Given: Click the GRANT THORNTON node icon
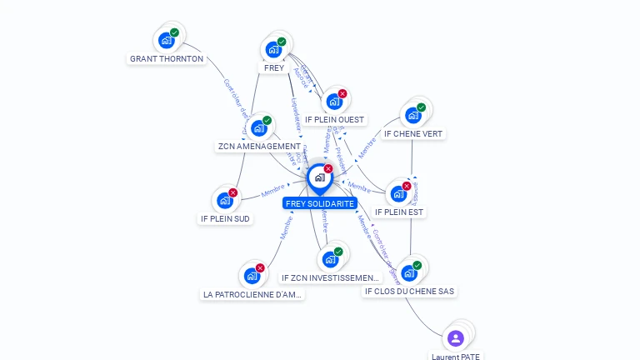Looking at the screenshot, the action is click(167, 39).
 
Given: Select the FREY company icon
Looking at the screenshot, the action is click(273, 49).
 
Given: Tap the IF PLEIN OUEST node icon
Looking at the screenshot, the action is click(334, 101).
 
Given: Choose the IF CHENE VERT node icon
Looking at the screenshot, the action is click(413, 115).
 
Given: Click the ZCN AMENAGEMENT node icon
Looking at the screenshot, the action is click(259, 127).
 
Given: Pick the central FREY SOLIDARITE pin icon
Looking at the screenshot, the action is click(320, 177).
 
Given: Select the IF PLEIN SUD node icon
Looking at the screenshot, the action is click(225, 200).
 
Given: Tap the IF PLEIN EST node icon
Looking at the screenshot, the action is click(399, 193).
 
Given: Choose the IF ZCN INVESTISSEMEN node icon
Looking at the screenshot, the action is click(330, 259).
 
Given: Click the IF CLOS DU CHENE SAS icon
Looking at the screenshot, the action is click(409, 272).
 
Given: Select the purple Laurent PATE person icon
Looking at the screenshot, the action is click(455, 337).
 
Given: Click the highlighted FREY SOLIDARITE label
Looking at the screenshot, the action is click(320, 203).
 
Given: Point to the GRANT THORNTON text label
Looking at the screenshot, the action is click(167, 59).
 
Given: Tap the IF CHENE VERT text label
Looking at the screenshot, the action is click(413, 133).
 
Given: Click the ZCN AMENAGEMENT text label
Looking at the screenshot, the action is click(259, 147).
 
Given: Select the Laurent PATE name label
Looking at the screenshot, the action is click(456, 356).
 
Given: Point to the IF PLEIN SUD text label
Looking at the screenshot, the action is click(225, 218).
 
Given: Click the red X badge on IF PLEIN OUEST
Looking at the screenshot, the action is click(342, 93).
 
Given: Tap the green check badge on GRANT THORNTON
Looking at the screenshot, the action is click(175, 32).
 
